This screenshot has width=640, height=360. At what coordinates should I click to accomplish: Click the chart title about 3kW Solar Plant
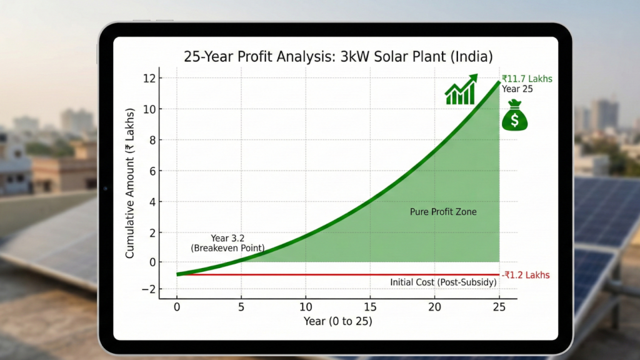coord(338,56)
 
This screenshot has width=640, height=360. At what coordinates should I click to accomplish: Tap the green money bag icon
coord(514,116)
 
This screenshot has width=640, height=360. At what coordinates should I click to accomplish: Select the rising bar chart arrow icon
coord(461,90)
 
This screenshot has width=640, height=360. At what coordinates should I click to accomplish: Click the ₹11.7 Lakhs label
coord(527,79)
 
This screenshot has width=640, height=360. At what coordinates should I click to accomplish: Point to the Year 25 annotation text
coord(517,89)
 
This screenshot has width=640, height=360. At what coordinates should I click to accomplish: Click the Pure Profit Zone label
coord(443,212)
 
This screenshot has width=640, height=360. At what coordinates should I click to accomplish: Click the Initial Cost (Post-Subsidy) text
coord(443,282)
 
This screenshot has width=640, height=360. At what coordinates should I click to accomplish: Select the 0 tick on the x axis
coord(177,307)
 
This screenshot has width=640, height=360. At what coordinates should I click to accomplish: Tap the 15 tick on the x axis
coord(370,307)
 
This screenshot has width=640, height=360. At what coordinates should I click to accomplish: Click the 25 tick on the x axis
coord(499,307)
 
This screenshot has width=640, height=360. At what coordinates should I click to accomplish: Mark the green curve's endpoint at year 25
coord(499,82)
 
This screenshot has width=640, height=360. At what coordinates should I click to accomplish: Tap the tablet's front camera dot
coord(105,188)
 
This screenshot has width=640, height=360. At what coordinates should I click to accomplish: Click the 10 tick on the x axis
coord(306,307)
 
